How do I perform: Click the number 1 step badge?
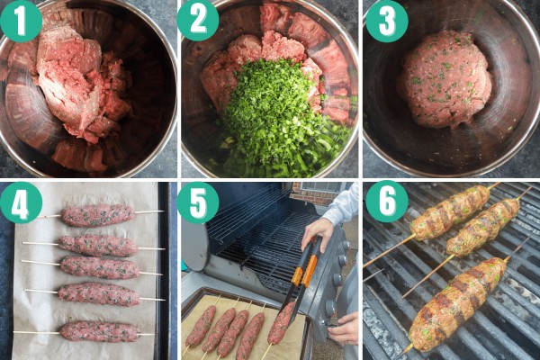tap(21, 21)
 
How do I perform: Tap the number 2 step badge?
tap(198, 20)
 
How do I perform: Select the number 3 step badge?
tap(387, 21)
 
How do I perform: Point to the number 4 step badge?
tap(21, 203)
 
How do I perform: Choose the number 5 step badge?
tap(198, 203)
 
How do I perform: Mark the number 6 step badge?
tap(387, 202)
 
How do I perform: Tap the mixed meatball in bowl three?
tap(445, 79)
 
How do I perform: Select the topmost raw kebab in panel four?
tap(98, 216)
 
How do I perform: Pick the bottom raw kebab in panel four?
tap(100, 331)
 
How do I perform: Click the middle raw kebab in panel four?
tap(100, 267)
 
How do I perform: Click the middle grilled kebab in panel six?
tap(482, 228)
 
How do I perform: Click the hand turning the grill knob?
tap(342, 328)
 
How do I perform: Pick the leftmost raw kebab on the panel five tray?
tap(201, 326)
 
